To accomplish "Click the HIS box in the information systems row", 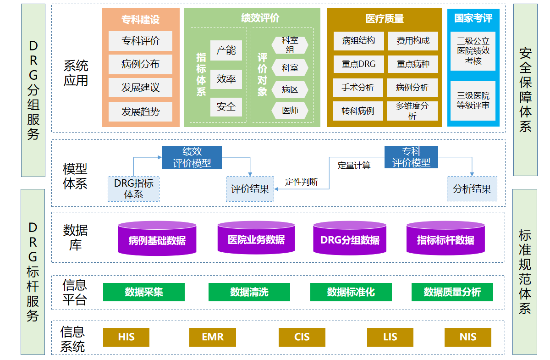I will click(126, 337).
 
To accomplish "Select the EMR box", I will click(213, 337).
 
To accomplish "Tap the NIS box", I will click(468, 337).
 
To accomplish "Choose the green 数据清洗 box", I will click(249, 292).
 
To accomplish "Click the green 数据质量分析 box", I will click(452, 292).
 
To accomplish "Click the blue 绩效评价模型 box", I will click(192, 157).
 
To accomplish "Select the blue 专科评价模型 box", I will click(411, 157).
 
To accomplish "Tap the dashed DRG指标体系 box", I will click(133, 188).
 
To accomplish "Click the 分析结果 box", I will click(472, 188).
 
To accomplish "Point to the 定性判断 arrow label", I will click(301, 182).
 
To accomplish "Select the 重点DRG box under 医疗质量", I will click(358, 64).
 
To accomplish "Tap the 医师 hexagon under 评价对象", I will click(290, 111).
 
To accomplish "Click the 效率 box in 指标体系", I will click(226, 79).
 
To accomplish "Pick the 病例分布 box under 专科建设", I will click(140, 64).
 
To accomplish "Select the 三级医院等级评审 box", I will click(473, 101).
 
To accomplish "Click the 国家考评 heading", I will click(473, 18).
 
